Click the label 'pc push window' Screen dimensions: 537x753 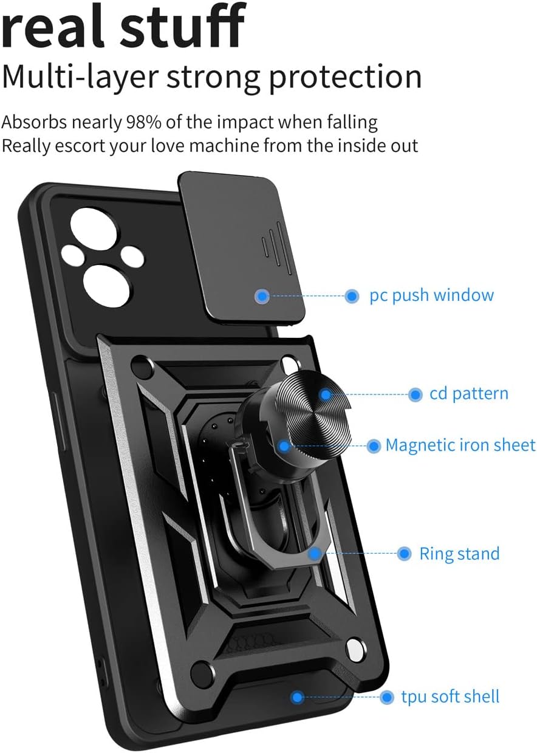click(x=431, y=296)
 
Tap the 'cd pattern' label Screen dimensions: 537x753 click(x=468, y=394)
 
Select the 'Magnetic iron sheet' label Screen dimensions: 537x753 click(x=460, y=445)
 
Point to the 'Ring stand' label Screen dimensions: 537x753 click(x=459, y=554)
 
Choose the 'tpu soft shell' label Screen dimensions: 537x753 click(x=450, y=696)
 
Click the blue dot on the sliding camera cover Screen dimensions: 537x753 click(x=262, y=296)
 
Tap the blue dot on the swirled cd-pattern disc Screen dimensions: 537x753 click(x=326, y=394)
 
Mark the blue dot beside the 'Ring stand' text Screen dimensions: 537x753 click(x=404, y=554)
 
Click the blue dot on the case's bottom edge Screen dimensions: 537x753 click(x=297, y=696)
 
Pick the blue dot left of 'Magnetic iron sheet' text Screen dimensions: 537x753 click(x=374, y=446)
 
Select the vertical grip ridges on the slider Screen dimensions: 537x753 click(x=271, y=244)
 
